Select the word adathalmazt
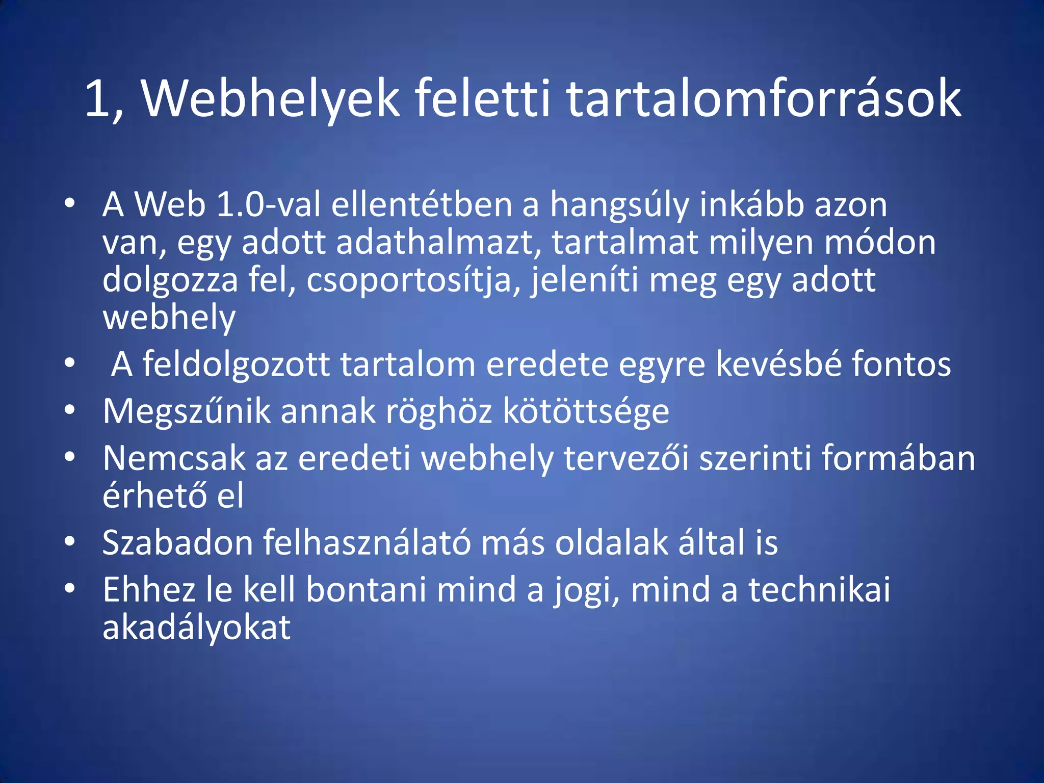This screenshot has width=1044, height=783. click(438, 243)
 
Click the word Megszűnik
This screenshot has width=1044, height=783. click(186, 411)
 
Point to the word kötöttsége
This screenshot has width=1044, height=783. click(586, 411)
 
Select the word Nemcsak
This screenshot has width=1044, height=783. click(174, 458)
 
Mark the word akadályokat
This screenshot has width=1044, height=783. click(196, 628)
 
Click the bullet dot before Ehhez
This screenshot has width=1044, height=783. click(70, 589)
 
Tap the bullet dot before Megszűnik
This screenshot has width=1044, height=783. click(70, 410)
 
